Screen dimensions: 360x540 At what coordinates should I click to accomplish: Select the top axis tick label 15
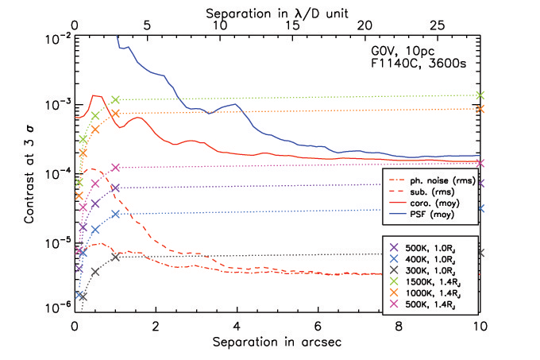[292, 26]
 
